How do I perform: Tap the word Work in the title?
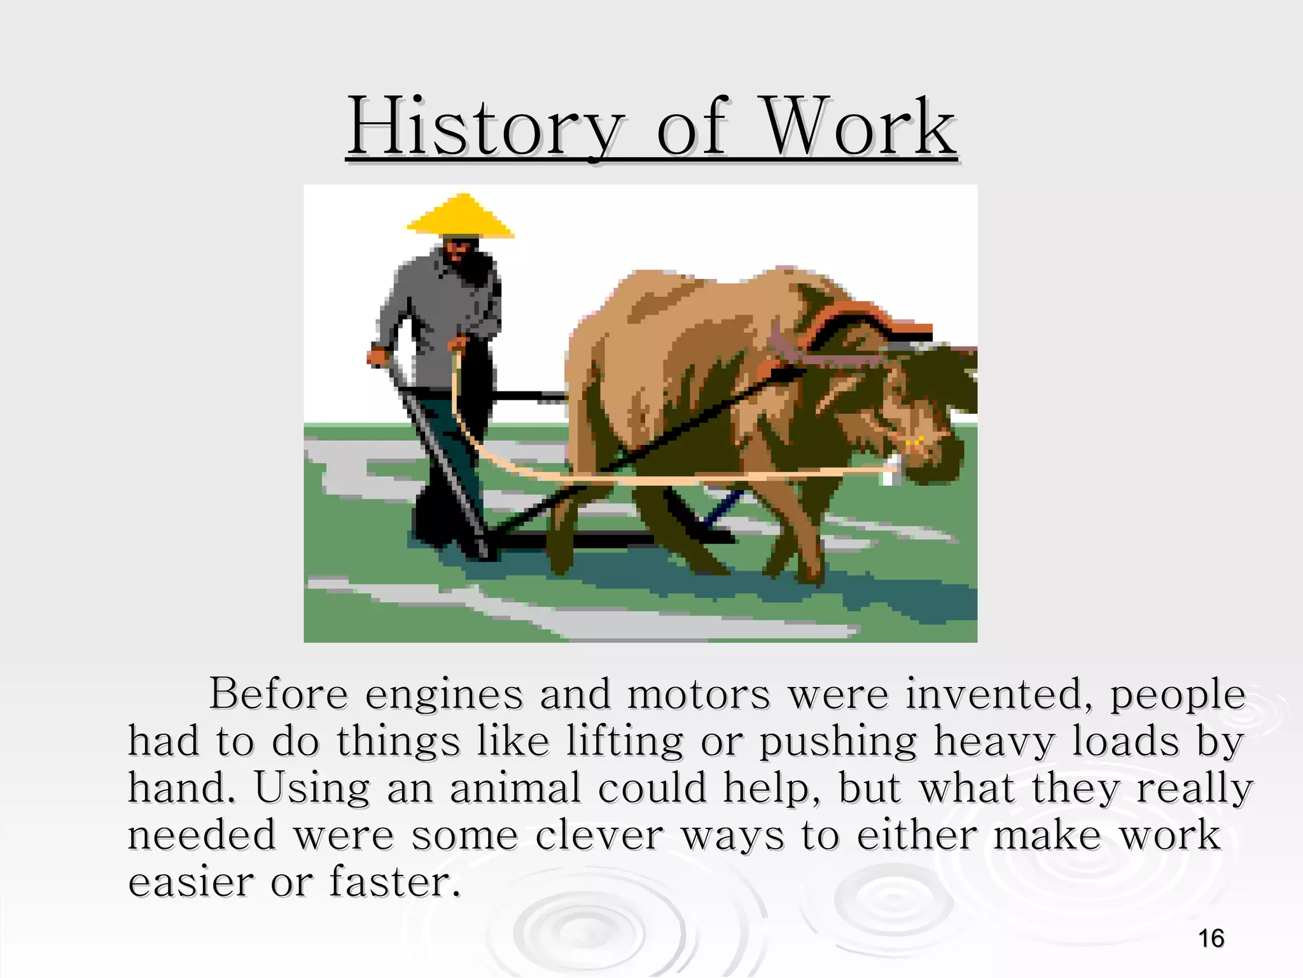click(859, 128)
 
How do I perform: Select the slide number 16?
click(1211, 939)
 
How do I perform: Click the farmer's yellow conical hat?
click(461, 216)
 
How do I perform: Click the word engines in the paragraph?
click(443, 695)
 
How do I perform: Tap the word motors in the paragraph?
click(699, 695)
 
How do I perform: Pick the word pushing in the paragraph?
click(839, 743)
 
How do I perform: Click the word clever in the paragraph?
click(599, 835)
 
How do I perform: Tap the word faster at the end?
click(394, 882)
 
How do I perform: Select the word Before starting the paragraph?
click(279, 695)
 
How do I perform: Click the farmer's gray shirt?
click(439, 306)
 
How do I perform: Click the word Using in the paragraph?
click(312, 790)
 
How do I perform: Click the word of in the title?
click(691, 128)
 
